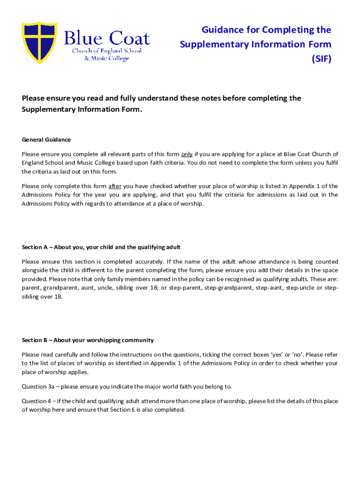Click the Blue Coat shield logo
click(39, 43)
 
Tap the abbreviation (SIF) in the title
click(321, 59)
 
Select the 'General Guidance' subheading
click(46, 139)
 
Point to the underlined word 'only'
click(187, 154)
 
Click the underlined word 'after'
click(115, 186)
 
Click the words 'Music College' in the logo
click(110, 58)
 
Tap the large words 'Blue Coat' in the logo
click(107, 38)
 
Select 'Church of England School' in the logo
click(106, 51)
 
